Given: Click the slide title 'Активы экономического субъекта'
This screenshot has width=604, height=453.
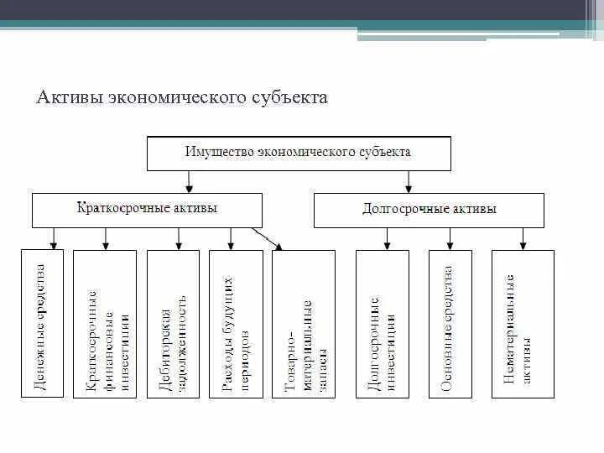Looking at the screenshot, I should (181, 98).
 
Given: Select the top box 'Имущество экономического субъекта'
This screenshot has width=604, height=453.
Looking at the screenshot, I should (299, 153).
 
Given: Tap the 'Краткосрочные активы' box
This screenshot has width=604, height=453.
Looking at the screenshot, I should (147, 210).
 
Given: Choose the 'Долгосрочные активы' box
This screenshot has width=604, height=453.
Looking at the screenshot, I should (428, 210).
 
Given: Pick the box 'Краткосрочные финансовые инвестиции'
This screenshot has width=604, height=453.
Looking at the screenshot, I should (105, 324).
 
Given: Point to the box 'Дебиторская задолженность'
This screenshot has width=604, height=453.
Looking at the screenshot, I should (173, 324).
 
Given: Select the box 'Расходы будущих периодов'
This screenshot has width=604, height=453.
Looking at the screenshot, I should (234, 324).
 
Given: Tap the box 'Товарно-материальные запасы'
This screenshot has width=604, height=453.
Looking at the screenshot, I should (303, 324).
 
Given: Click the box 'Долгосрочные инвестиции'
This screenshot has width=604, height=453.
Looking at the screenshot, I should (387, 324).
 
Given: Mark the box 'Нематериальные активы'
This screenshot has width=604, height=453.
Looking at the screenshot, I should (523, 324).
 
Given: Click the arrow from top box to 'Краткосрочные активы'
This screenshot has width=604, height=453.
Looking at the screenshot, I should (190, 181).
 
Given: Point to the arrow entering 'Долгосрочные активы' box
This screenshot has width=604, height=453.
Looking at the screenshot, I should (408, 181).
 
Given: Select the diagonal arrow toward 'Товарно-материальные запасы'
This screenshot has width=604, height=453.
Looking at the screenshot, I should (269, 239).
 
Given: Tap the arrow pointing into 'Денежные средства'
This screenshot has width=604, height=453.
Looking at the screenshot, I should (54, 239).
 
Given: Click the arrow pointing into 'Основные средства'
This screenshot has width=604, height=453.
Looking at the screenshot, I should (450, 239).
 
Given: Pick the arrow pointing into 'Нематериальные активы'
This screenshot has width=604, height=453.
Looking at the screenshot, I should (523, 239).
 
